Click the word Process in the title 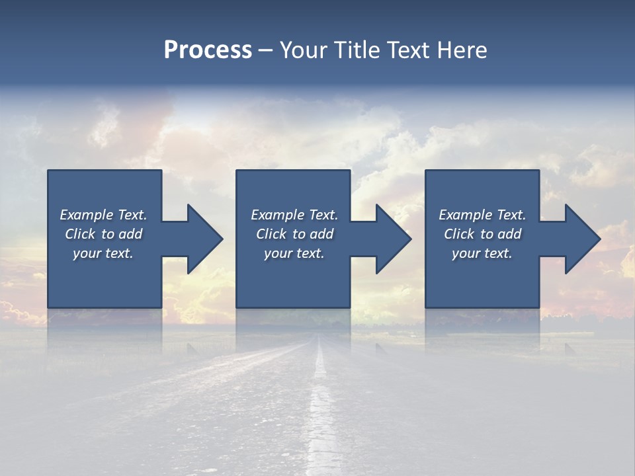point(208,50)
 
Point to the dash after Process point(266,50)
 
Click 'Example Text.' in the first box point(103,215)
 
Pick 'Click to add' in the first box point(103,234)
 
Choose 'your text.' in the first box point(103,253)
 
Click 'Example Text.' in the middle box point(294,215)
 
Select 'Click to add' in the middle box point(294,234)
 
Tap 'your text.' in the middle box point(294,253)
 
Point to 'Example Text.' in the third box point(482,215)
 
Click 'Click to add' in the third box point(482,234)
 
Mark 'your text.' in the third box point(482,253)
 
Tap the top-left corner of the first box point(48,171)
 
